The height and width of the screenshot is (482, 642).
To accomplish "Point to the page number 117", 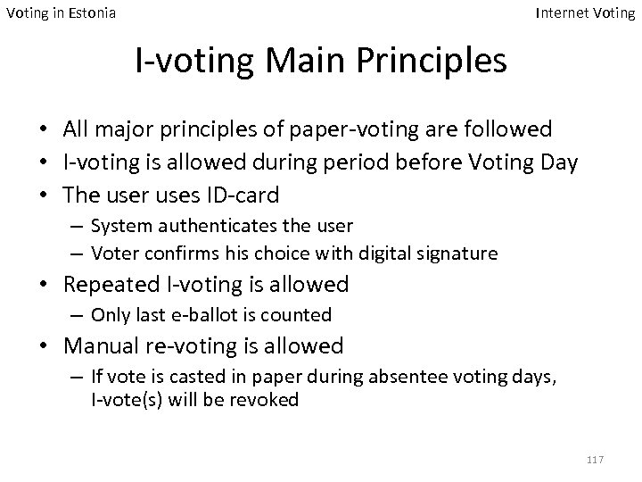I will coord(596,459).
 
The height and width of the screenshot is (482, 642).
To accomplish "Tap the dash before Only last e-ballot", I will coord(77,314).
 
